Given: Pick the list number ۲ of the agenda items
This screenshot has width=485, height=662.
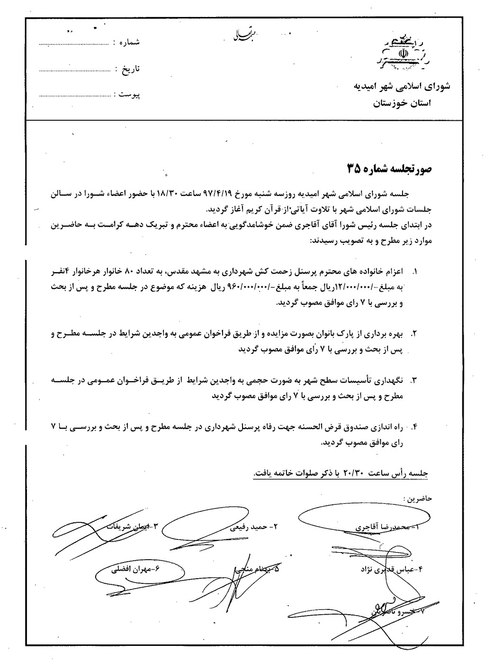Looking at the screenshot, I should (x=415, y=334).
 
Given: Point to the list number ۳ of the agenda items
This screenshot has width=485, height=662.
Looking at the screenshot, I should (x=415, y=380).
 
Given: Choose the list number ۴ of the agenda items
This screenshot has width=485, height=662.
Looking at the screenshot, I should (x=415, y=427).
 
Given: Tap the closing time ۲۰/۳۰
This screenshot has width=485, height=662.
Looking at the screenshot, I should (x=351, y=473).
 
